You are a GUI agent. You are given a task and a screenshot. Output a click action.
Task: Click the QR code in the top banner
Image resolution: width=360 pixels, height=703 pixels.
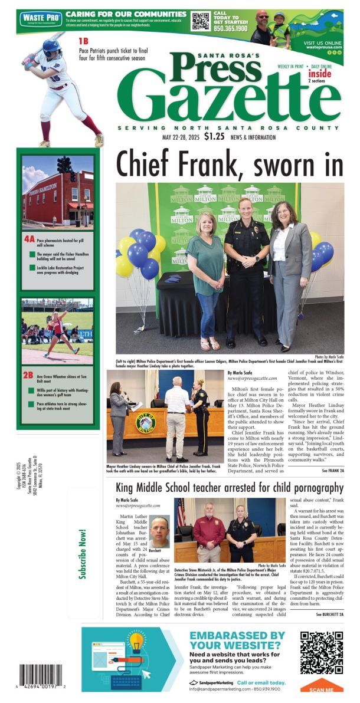(201, 21)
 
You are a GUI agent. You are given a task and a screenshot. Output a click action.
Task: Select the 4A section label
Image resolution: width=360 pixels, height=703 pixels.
(30, 239)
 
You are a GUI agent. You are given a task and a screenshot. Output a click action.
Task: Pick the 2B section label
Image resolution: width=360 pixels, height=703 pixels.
(28, 374)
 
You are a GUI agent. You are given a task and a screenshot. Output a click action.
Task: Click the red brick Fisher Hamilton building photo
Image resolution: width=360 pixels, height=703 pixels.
(58, 192)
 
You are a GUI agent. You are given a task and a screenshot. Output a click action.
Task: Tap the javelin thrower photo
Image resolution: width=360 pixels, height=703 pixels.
(58, 331)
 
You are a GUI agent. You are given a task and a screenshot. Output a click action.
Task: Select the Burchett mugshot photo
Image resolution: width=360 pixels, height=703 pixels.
(159, 531)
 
